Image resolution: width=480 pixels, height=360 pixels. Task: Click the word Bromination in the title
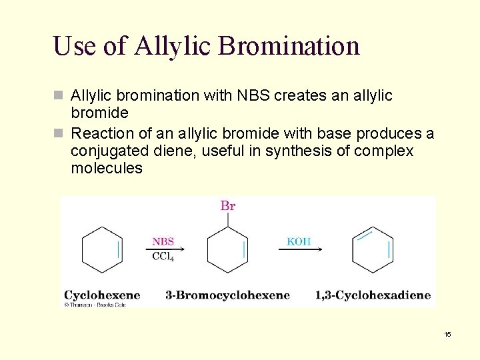tap(289, 46)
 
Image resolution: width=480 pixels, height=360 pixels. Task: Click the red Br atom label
tap(228, 205)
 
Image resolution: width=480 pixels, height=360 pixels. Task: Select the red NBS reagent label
tap(163, 241)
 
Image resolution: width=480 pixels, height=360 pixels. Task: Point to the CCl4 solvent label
tap(163, 257)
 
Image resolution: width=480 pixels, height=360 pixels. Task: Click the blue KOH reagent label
tap(299, 241)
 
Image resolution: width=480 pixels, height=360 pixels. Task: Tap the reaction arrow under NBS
tap(164, 249)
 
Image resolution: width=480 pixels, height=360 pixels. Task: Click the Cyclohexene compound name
tap(102, 295)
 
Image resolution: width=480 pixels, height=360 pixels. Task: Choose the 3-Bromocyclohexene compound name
tap(227, 295)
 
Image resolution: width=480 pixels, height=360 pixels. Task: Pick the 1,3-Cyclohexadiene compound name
tap(373, 295)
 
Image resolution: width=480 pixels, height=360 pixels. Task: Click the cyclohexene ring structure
tap(102, 250)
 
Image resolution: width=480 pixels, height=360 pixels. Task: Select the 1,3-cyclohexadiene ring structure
tap(373, 250)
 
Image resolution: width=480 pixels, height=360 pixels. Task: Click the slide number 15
tap(448, 334)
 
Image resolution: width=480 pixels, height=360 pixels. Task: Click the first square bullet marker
tap(58, 96)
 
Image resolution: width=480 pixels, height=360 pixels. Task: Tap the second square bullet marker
tap(58, 134)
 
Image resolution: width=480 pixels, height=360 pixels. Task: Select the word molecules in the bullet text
tap(107, 168)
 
